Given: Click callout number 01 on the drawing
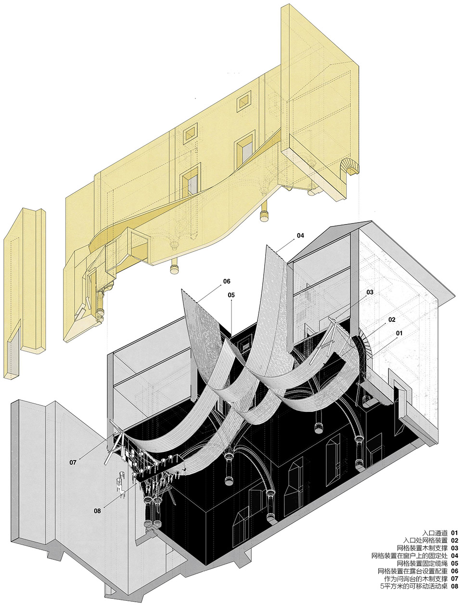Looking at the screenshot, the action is (x=399, y=333).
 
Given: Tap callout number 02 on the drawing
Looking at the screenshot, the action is (x=391, y=319).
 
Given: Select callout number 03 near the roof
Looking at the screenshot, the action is (x=370, y=292).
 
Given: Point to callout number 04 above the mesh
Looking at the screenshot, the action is (x=300, y=236).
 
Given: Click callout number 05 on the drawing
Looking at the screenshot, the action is (x=231, y=295).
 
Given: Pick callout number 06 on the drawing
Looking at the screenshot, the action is (x=227, y=281).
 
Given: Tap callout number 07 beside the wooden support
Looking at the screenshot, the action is (x=73, y=463).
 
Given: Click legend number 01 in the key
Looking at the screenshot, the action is (x=454, y=533).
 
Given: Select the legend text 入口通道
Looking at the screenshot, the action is (x=435, y=533).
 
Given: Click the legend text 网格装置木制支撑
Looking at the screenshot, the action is (x=423, y=548).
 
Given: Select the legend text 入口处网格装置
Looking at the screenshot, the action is (x=426, y=541).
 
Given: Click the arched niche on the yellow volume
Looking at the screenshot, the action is (x=349, y=166).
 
